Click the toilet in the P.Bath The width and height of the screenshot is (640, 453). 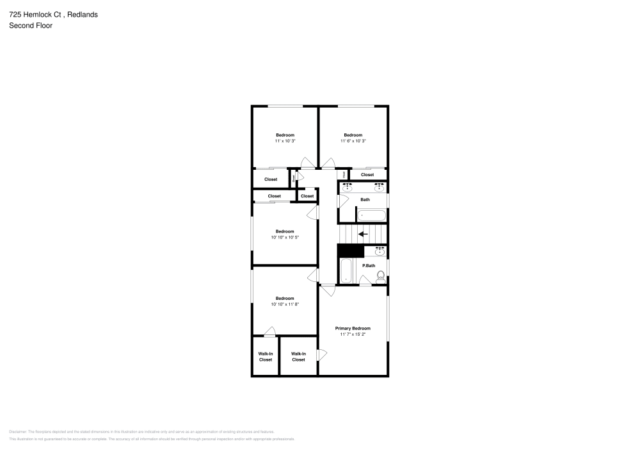pyautogui.click(x=380, y=276)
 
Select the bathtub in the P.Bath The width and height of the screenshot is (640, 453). pyautogui.click(x=346, y=270)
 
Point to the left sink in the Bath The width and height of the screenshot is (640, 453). pyautogui.click(x=347, y=186)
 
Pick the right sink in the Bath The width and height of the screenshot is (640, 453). pyautogui.click(x=380, y=186)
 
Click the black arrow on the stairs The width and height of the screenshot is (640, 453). pyautogui.click(x=362, y=234)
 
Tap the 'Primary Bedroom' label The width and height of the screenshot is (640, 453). pyautogui.click(x=353, y=328)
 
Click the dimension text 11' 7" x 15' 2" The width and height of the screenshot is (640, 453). pyautogui.click(x=353, y=334)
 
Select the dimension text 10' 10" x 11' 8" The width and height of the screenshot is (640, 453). pyautogui.click(x=285, y=304)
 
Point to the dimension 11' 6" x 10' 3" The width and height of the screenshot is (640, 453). pyautogui.click(x=353, y=141)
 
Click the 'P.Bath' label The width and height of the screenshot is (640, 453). pyautogui.click(x=369, y=265)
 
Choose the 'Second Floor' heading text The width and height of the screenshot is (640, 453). pyautogui.click(x=31, y=26)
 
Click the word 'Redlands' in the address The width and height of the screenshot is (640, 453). pyautogui.click(x=83, y=14)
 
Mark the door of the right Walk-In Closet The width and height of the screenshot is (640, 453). pyautogui.click(x=322, y=354)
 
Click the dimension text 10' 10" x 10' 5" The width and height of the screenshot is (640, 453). pyautogui.click(x=285, y=237)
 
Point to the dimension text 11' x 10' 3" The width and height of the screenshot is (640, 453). pyautogui.click(x=285, y=141)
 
